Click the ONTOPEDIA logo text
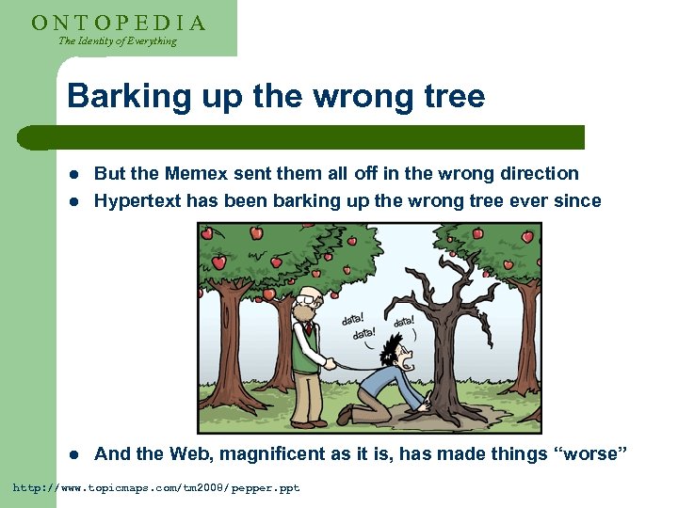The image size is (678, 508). pyautogui.click(x=119, y=22)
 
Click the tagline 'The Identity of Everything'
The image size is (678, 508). pyautogui.click(x=117, y=41)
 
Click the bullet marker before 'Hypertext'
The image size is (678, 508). pyautogui.click(x=74, y=200)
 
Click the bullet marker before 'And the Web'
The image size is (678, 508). pyautogui.click(x=74, y=455)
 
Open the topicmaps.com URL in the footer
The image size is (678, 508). pyautogui.click(x=155, y=488)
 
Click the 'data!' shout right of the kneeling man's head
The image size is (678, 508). pyautogui.click(x=403, y=323)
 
